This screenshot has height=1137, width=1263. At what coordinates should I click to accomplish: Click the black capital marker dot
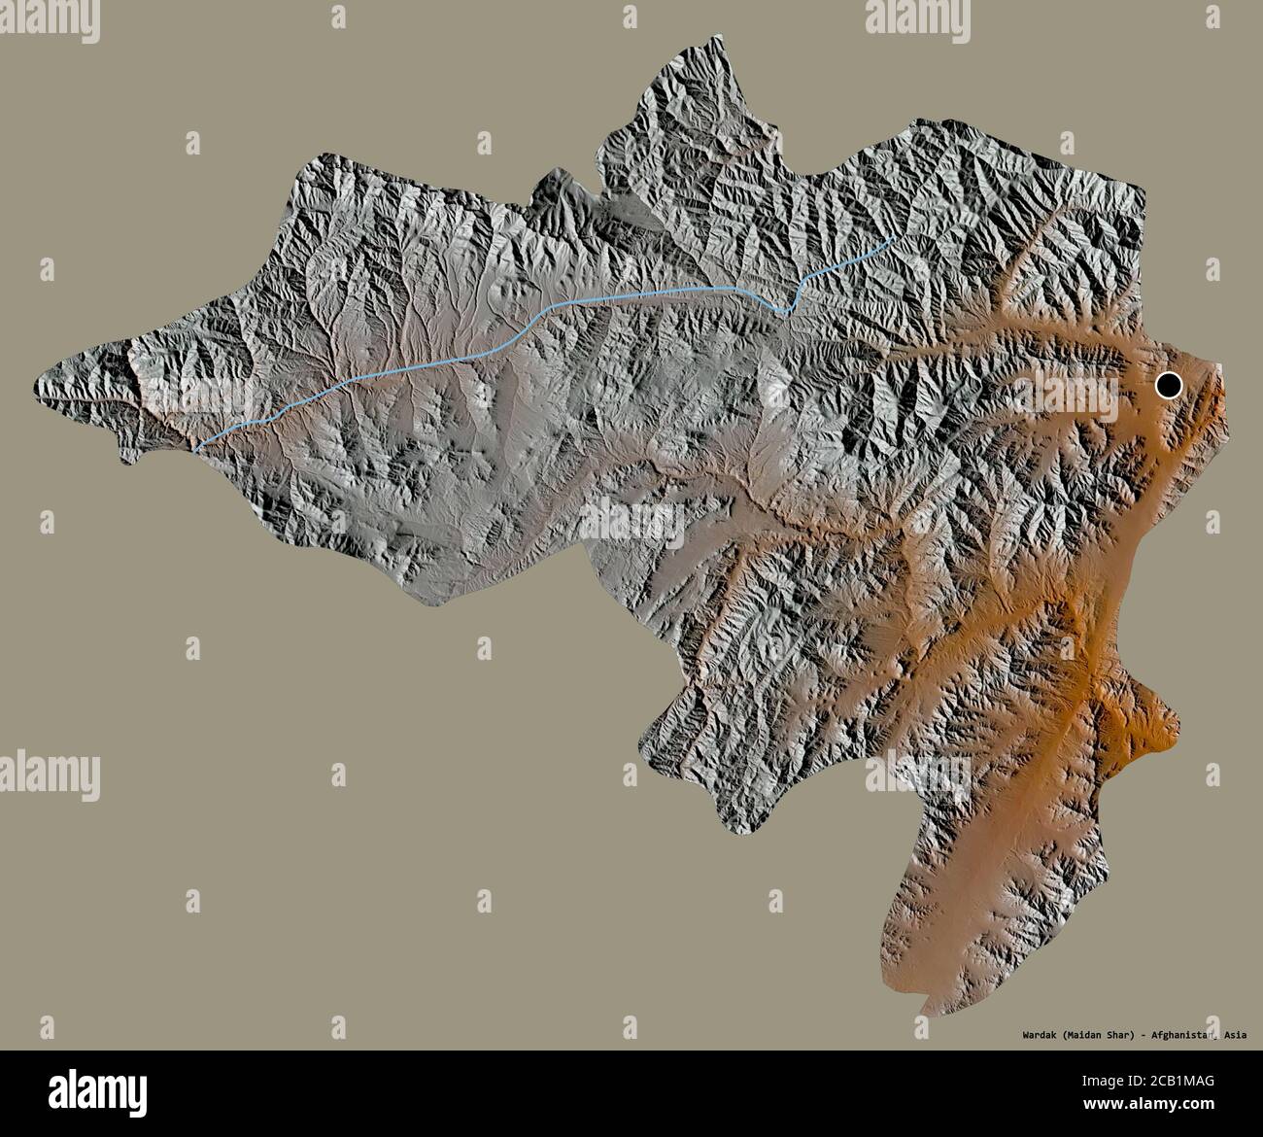click(1168, 386)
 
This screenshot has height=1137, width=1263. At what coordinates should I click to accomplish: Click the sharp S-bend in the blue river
click(789, 307)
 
